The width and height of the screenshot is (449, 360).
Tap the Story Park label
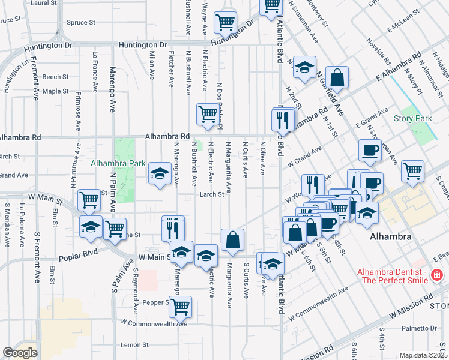412,118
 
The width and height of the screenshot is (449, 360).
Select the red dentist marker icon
436,275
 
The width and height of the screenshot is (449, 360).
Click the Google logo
20,352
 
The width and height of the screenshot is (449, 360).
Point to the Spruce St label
82,23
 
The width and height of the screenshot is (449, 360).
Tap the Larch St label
212,194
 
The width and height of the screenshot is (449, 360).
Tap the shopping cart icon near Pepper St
180,307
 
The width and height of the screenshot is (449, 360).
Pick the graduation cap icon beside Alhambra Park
159,173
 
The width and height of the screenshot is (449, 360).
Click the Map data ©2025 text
423,355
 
